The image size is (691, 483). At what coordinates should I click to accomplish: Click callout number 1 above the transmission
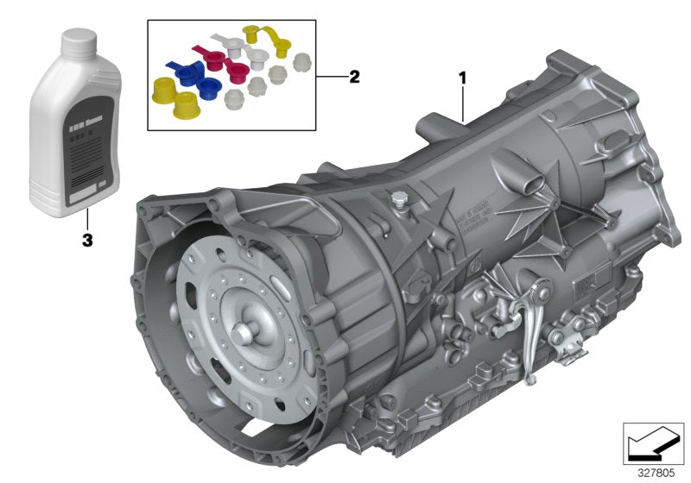(x=463, y=78)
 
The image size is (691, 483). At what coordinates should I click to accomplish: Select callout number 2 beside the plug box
(x=353, y=77)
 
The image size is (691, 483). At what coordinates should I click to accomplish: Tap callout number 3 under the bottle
(x=86, y=241)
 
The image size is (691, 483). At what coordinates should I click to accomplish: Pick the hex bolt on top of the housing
(x=397, y=201)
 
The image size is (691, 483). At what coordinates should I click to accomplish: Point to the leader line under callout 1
(x=464, y=102)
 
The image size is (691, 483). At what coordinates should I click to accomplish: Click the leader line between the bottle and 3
(x=86, y=221)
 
